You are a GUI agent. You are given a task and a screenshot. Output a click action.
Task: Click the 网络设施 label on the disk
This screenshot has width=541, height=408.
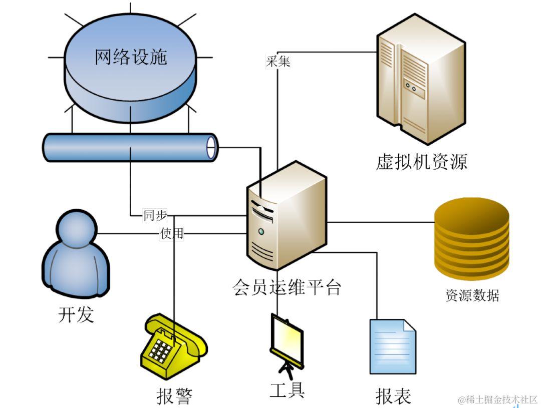click(x=130, y=57)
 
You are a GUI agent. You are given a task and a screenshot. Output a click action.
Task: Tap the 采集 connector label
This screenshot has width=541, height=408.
click(x=278, y=62)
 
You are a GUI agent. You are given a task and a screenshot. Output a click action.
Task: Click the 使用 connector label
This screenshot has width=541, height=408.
click(x=172, y=233)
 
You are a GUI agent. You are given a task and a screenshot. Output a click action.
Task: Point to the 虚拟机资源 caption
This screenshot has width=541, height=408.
click(x=421, y=162)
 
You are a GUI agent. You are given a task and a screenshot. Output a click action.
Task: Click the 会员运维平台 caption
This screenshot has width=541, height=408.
click(x=287, y=287)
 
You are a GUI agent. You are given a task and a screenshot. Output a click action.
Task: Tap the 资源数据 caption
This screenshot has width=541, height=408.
click(x=472, y=295)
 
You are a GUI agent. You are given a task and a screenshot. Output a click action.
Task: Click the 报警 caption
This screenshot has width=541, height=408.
click(x=174, y=396)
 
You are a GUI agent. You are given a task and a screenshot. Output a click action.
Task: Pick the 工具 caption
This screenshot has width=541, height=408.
click(x=287, y=390)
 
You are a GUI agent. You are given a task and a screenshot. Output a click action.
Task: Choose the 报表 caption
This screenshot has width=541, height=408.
click(x=393, y=395)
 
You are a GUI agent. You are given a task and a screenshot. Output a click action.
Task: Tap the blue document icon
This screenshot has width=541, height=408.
click(x=393, y=346)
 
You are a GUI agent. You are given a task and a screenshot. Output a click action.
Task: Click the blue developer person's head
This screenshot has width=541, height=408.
click(x=77, y=228)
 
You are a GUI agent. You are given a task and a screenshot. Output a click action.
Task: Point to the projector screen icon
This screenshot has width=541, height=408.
click(x=286, y=340)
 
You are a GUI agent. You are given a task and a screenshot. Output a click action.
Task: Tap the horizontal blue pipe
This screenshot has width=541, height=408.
click(x=130, y=147)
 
